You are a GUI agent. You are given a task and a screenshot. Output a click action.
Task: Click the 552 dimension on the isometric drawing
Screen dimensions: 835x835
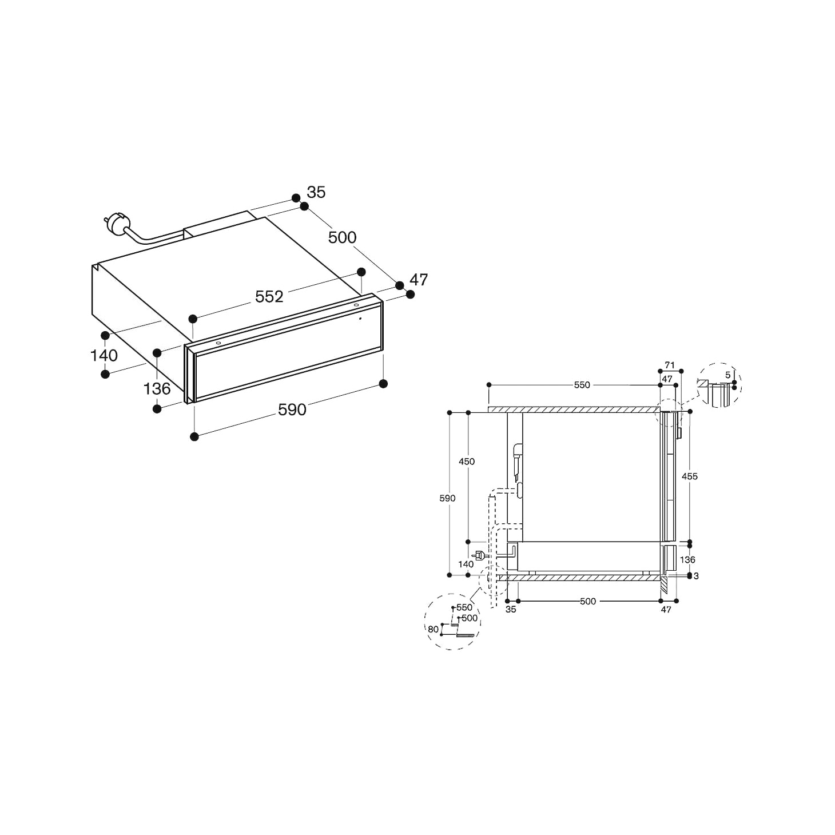pos(269,296)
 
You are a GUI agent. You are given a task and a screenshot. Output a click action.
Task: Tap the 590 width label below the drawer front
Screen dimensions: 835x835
pos(292,409)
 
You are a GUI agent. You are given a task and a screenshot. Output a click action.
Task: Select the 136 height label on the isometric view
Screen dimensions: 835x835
pos(157,389)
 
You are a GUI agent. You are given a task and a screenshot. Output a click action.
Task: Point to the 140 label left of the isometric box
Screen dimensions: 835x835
pos(104,356)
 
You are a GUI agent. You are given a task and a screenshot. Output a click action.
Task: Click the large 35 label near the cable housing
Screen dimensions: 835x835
pos(316,192)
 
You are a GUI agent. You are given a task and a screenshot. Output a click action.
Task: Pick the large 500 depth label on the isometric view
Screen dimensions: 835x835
pos(342,237)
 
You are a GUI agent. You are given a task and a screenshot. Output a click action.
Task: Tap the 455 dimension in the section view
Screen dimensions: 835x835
pos(690,476)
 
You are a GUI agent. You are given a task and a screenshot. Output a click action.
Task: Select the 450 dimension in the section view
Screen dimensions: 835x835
pos(467,462)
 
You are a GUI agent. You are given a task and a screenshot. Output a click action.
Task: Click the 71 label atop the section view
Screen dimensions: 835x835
pos(670,365)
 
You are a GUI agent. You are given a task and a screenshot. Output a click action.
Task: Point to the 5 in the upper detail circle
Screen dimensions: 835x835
pos(727,375)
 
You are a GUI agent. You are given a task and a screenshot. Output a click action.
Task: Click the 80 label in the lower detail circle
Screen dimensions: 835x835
pos(433,629)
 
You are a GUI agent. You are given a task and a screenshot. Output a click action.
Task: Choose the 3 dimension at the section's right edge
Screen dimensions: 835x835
pos(696,576)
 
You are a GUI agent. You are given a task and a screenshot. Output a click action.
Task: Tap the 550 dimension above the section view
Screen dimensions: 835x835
pos(582,385)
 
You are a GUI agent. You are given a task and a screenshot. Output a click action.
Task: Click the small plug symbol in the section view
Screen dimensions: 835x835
pos(479,554)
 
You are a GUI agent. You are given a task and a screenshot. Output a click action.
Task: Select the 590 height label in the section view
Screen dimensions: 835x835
pos(447,498)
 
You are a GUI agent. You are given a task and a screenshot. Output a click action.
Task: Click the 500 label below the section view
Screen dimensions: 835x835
pos(587,601)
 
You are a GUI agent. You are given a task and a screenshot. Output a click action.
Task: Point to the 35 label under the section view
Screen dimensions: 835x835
pos(511,610)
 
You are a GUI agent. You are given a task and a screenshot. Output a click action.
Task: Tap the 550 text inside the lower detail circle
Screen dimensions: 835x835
pos(464,607)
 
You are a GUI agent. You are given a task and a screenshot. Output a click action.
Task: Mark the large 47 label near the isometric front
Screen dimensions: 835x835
pos(419,280)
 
